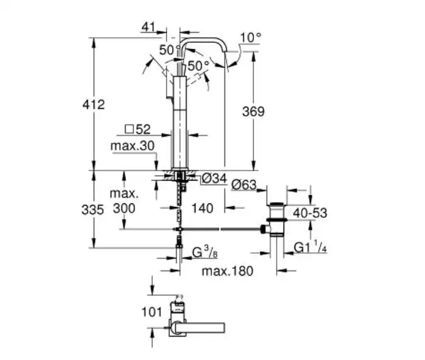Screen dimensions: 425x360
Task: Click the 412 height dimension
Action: click(94, 104)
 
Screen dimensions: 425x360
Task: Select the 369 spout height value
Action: click(253, 111)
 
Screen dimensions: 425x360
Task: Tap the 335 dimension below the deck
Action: click(92, 210)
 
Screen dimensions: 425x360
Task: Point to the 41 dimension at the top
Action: click(148, 27)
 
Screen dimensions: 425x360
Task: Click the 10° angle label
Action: click(251, 37)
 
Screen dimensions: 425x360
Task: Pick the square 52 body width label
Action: click(138, 130)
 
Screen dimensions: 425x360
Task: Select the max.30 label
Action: click(133, 146)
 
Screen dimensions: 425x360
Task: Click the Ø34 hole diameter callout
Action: click(214, 179)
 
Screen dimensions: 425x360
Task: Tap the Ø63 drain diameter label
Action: click(244, 185)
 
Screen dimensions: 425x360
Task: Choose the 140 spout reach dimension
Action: click(202, 208)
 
